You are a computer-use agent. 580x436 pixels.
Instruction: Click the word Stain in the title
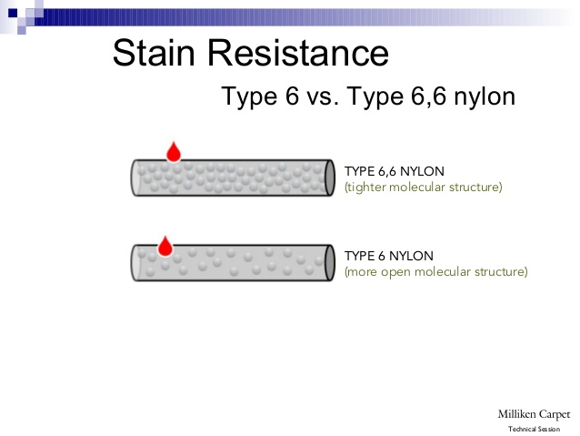(154, 53)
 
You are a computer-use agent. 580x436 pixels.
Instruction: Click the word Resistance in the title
(298, 53)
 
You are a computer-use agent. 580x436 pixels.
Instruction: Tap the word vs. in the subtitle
(323, 96)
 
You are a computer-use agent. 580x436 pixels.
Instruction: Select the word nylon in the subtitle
(485, 96)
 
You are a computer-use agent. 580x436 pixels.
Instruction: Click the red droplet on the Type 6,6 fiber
(174, 151)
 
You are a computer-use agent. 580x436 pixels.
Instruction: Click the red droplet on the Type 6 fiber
(165, 246)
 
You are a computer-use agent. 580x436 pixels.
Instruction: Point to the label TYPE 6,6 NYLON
(395, 171)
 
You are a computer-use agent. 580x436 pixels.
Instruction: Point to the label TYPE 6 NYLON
(389, 256)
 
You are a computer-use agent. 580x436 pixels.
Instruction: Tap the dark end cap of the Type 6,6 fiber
(330, 177)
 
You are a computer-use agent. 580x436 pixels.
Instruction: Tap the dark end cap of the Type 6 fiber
(330, 263)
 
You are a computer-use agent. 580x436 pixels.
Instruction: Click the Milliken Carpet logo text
(534, 414)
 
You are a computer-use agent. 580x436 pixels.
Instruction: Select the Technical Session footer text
(534, 429)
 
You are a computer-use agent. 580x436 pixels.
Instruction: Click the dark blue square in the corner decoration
(13, 13)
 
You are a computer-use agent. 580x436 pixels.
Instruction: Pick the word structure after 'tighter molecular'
(474, 188)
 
